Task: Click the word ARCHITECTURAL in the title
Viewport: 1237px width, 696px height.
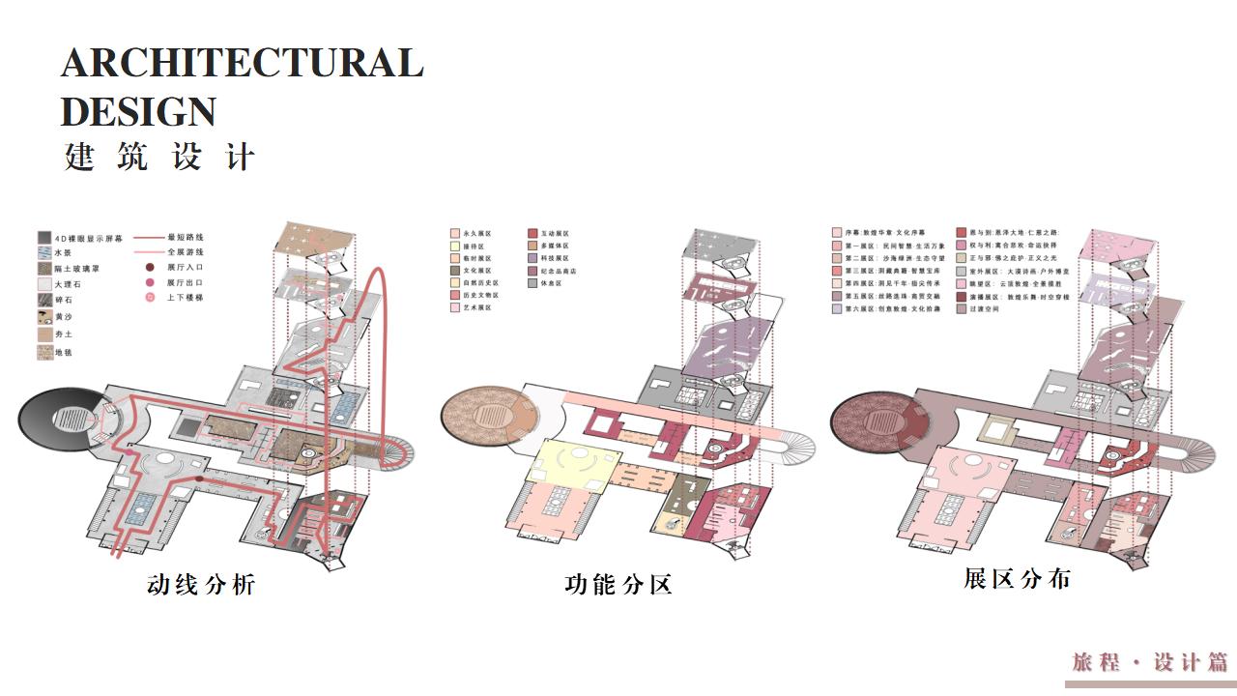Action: (242, 63)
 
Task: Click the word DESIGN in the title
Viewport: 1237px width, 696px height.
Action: (138, 111)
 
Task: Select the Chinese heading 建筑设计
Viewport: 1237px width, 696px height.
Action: (159, 158)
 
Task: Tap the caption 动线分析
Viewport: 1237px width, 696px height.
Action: (201, 585)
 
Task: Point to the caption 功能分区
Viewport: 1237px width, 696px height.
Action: (618, 585)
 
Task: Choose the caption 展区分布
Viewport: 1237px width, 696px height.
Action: (1017, 579)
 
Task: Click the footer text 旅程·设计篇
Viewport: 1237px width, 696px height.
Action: (1150, 662)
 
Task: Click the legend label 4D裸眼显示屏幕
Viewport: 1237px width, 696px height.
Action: (88, 238)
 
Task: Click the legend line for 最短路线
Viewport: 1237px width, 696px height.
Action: (148, 237)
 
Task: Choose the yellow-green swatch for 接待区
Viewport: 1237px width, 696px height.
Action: (454, 246)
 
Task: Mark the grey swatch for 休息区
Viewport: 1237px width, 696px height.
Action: (532, 284)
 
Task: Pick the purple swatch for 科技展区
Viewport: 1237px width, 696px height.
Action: (532, 259)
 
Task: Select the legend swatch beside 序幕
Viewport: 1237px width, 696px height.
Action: (836, 234)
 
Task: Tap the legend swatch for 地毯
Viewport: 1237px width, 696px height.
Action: (44, 353)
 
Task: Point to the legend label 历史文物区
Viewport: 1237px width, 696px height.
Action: (478, 295)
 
